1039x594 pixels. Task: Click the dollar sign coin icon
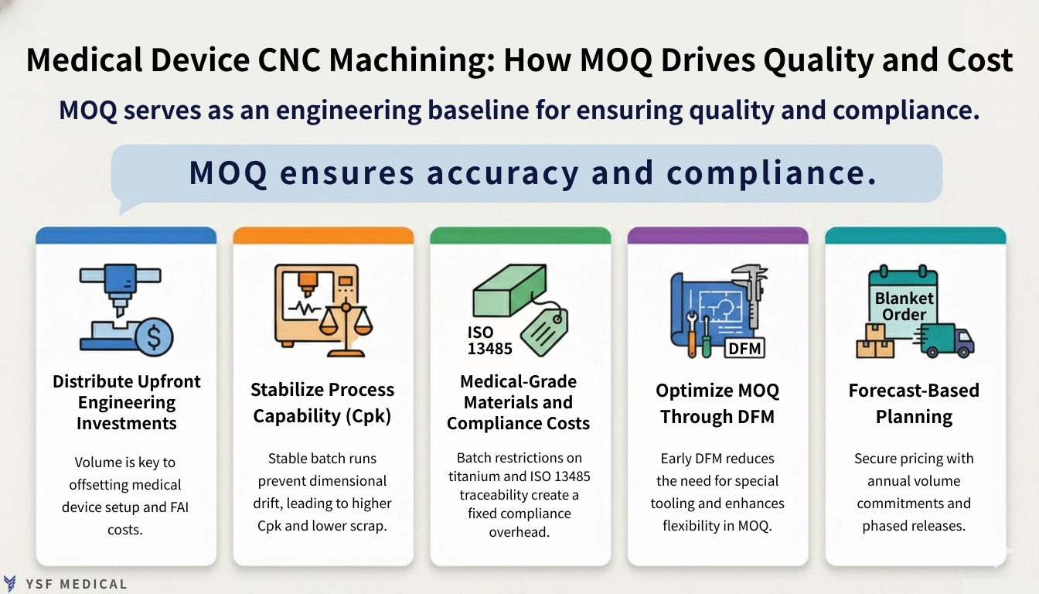153,336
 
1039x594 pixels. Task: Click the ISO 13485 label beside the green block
489,340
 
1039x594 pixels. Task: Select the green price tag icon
545,328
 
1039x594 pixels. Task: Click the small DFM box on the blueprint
745,349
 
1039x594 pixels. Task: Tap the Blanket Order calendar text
904,306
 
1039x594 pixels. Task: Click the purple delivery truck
948,340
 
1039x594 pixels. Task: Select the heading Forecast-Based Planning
914,403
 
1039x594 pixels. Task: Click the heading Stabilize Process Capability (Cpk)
322,403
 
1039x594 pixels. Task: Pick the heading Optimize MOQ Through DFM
717,403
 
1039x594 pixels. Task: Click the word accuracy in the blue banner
502,173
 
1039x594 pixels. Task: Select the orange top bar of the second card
323,235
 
